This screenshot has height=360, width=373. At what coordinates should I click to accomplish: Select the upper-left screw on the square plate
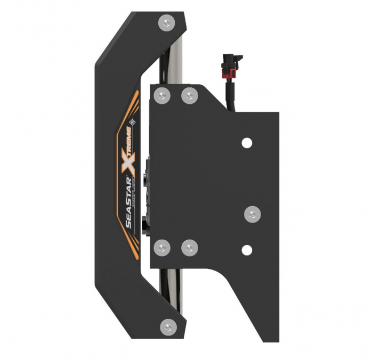[161, 96]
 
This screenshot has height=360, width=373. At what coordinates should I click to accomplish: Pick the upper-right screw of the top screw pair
[189, 96]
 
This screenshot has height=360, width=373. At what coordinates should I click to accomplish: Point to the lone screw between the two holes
[252, 214]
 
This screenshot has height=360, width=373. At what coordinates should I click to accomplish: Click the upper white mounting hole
[246, 142]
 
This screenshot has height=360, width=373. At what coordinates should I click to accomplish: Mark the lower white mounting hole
[246, 249]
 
